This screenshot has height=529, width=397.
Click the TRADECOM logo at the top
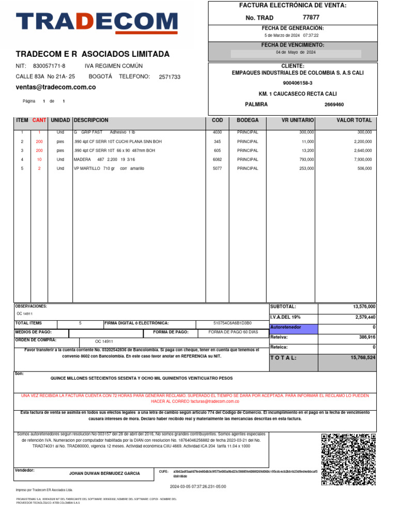tap(96, 22)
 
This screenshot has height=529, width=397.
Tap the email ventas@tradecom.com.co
tap(56, 87)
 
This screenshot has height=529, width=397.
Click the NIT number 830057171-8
tap(49, 66)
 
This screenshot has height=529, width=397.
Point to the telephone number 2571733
tap(170, 77)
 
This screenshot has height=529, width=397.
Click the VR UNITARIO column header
tap(297, 120)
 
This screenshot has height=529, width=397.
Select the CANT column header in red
tap(39, 120)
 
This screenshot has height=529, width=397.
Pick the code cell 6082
tap(217, 160)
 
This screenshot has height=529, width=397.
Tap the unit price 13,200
tap(307, 150)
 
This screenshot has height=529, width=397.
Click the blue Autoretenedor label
tap(293, 328)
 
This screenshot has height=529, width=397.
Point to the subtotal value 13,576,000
tap(364, 307)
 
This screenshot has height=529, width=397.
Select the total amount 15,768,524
tap(362, 357)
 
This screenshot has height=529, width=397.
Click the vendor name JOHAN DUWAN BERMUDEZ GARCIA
tap(104, 473)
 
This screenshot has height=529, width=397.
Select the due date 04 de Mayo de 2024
tap(296, 53)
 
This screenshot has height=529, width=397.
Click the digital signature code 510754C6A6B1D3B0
tap(233, 323)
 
